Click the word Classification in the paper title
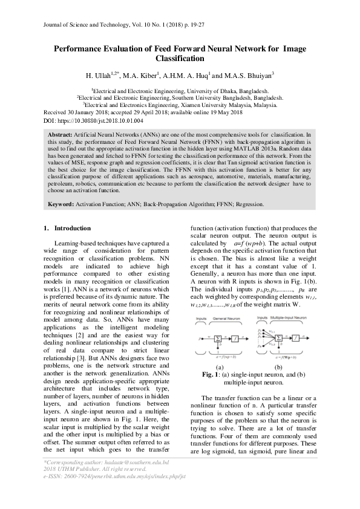[x=179, y=59]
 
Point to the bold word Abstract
[x=59, y=132]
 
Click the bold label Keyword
[x=61, y=205]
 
